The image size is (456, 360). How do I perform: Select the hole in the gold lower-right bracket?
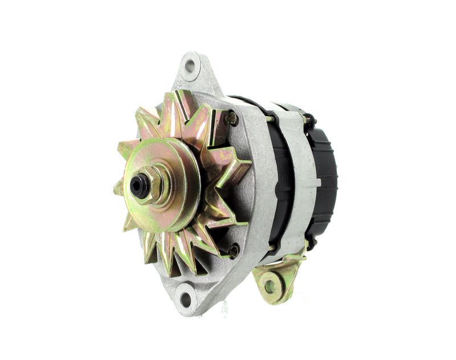point(270,285)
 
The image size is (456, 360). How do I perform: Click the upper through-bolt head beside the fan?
point(233,118)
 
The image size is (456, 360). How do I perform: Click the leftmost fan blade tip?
point(118,188)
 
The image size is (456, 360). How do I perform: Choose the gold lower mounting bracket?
point(277,276)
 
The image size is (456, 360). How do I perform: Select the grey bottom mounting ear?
point(188,294)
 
